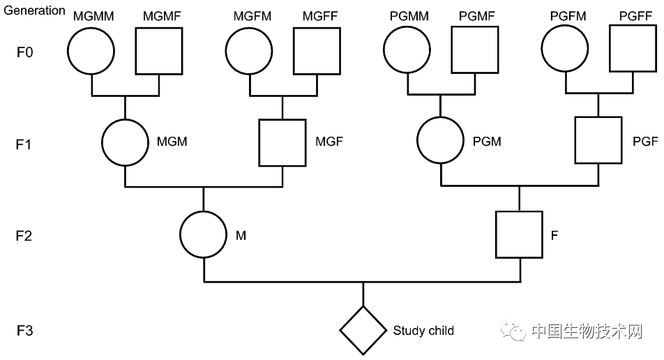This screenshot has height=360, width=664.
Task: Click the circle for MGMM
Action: (91, 52)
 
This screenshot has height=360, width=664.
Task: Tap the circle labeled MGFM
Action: (249, 52)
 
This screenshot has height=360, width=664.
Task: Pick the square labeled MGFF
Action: (316, 52)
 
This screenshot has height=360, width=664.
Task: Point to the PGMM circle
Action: (407, 52)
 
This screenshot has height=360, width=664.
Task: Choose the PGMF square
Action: (474, 52)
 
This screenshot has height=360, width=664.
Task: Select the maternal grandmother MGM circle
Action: (125, 142)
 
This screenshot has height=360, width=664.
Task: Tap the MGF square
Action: (282, 142)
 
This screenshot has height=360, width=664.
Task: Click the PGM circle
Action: (440, 142)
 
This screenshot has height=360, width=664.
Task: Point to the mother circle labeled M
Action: (203, 235)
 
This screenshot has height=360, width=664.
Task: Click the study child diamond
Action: (363, 329)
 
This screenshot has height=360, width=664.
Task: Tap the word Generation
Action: (34, 10)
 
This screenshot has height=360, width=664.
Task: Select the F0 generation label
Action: (25, 52)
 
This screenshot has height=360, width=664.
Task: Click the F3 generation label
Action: (25, 329)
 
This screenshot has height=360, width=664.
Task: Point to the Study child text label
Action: (423, 330)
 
